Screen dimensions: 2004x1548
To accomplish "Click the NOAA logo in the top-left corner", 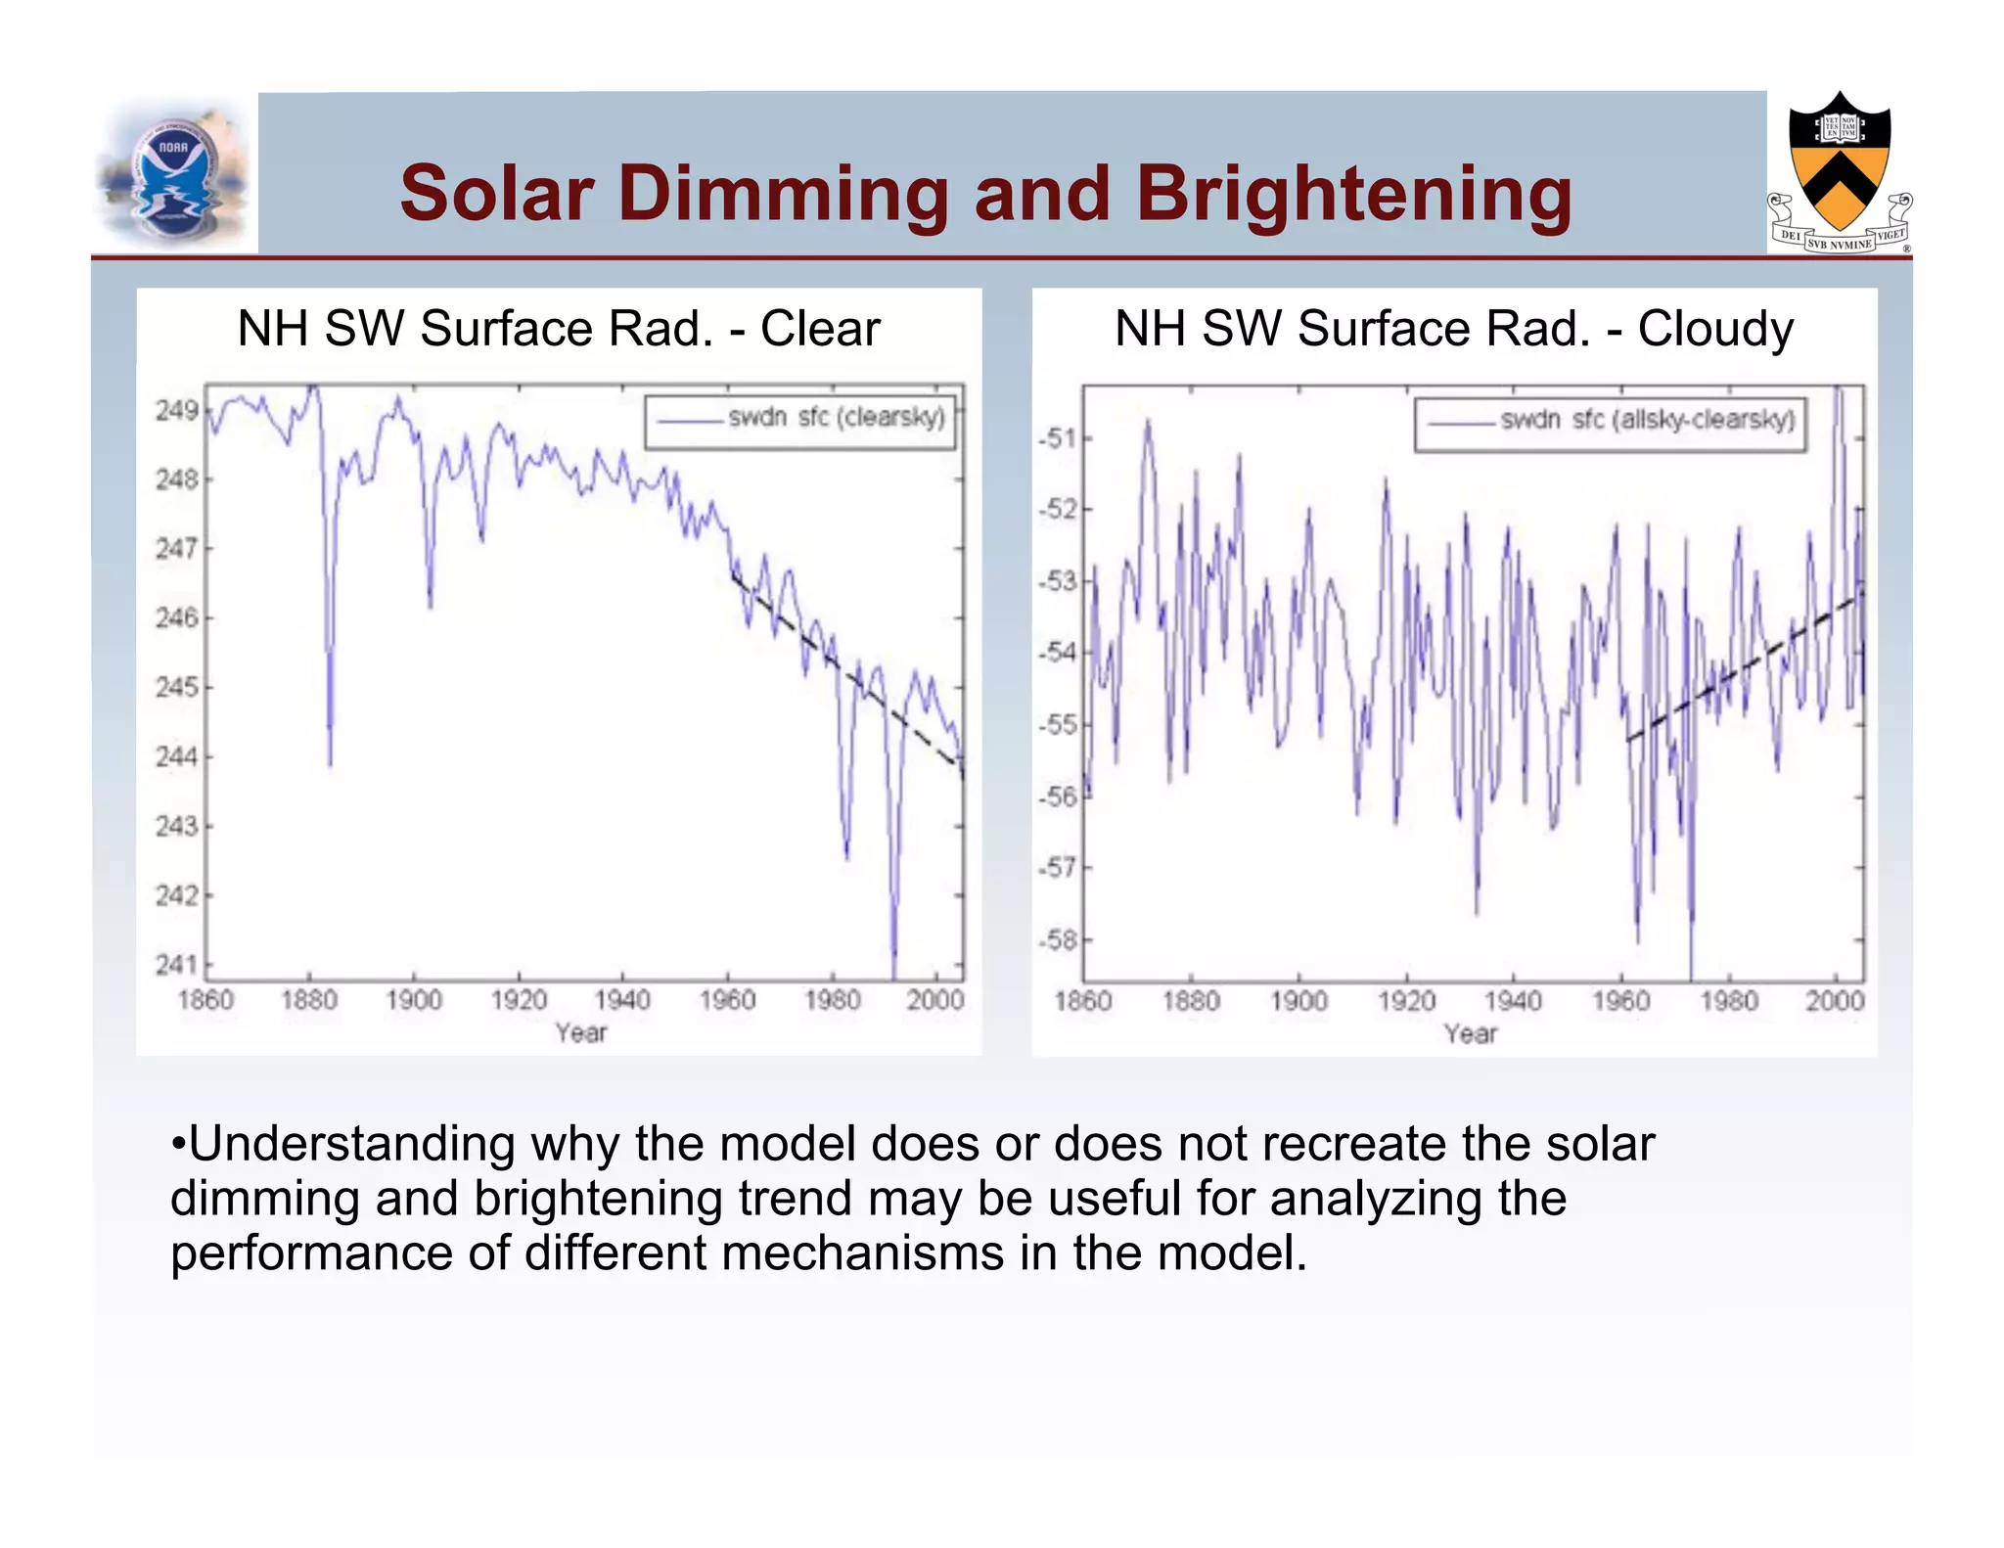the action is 174,174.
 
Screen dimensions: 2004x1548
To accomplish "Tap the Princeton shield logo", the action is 1840,172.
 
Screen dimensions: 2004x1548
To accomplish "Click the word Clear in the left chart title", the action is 820,329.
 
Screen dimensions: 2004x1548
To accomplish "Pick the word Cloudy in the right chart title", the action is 1715,329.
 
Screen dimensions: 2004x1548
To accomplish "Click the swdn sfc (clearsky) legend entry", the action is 800,419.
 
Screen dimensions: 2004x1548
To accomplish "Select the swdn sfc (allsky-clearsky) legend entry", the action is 1611,421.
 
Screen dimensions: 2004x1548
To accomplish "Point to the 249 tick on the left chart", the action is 176,410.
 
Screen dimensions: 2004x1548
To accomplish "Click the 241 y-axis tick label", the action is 176,965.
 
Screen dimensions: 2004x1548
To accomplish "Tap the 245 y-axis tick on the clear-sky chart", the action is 176,687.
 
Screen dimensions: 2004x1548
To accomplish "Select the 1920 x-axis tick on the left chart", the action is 519,1000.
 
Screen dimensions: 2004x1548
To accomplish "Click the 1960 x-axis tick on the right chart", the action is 1620,1001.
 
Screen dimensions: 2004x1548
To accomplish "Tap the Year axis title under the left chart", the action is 581,1033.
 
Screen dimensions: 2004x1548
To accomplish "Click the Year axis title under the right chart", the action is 1471,1034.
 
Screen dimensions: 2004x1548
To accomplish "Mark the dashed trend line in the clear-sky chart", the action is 846,671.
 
